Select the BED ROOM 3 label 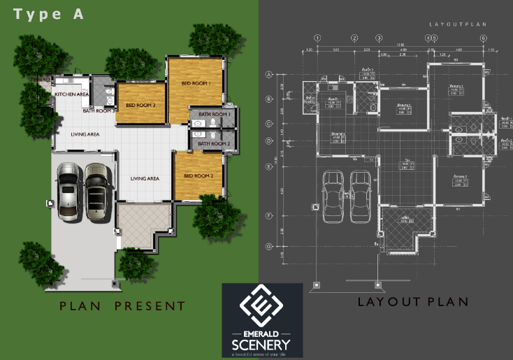click(x=140, y=106)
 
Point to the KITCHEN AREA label click(x=72, y=94)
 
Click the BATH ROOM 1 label click(x=214, y=114)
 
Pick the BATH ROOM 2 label click(x=214, y=143)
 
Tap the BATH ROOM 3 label click(x=99, y=110)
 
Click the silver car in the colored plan click(x=69, y=190)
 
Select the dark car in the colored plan click(x=96, y=192)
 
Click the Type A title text click(x=49, y=14)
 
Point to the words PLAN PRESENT click(x=122, y=305)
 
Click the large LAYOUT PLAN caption click(x=412, y=302)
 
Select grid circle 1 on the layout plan click(x=317, y=38)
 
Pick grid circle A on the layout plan click(x=268, y=74)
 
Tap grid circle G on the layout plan click(x=268, y=246)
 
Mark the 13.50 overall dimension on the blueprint click(x=400, y=45)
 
